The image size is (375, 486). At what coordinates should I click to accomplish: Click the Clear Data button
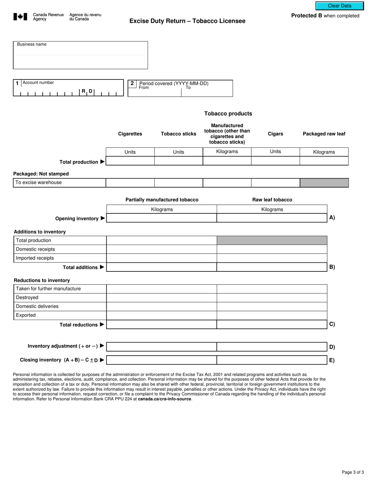tap(339, 6)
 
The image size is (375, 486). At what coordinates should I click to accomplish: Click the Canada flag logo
tap(21, 17)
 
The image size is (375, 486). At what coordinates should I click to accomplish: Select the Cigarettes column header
tap(130, 134)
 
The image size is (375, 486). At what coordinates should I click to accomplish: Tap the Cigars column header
tap(275, 134)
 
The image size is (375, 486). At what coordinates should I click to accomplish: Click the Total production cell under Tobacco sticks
tap(178, 161)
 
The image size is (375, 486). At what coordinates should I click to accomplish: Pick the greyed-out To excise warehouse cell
tap(324, 183)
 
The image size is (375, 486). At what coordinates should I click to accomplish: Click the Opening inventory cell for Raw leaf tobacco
tap(272, 218)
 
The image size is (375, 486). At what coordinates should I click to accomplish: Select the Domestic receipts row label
tap(36, 249)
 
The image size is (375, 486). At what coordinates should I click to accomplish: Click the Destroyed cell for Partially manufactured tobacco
tap(161, 298)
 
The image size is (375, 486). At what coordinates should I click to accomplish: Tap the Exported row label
tap(26, 315)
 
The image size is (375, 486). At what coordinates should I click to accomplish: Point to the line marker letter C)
tap(332, 324)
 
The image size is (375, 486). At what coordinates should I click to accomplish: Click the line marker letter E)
tap(332, 360)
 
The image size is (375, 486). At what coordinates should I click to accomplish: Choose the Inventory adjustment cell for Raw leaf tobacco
tap(272, 347)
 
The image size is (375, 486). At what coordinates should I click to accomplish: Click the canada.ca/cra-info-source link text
tap(165, 399)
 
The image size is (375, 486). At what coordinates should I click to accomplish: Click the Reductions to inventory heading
tap(42, 280)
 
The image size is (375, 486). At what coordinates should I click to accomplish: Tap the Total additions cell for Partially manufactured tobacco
tap(161, 267)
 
